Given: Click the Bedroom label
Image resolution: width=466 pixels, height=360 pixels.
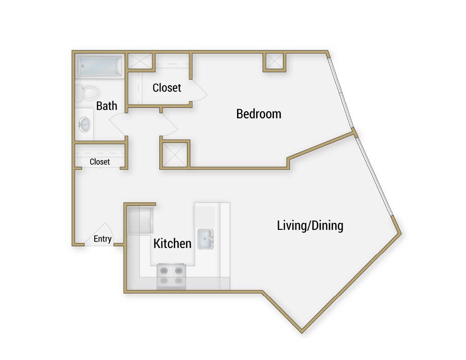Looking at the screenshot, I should click(258, 114).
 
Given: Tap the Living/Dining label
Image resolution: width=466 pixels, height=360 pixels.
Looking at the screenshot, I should click(310, 225).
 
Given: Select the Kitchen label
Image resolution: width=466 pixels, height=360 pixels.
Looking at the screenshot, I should click(172, 243).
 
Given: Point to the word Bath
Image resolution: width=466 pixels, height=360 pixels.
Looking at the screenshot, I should click(106, 106).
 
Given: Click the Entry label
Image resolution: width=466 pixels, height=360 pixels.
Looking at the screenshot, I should click(102, 239).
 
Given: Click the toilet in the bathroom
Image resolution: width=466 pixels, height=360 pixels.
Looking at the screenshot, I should click(87, 93).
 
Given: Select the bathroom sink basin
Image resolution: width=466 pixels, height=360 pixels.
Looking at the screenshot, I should click(85, 124).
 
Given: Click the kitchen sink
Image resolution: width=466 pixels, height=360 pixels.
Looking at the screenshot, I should click(206, 239).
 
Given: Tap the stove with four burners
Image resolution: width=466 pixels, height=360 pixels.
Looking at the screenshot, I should click(172, 276).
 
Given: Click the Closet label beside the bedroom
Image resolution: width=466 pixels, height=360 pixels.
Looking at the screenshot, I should click(167, 87).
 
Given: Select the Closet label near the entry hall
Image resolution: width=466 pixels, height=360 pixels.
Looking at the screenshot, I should click(100, 162).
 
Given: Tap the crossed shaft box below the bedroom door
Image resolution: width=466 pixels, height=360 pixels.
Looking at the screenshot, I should click(174, 155).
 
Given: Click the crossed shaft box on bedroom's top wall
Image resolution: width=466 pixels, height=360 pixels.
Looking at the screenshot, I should click(274, 61).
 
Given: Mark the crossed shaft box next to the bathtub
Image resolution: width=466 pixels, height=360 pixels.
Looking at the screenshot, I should click(140, 61).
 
